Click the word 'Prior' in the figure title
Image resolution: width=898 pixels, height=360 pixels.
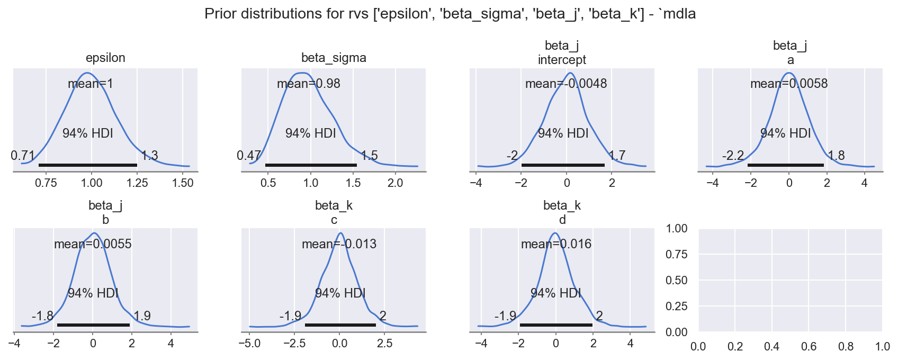click(x=220, y=14)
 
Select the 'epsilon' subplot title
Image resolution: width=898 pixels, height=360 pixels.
click(x=105, y=58)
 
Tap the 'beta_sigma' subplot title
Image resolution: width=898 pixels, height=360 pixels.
click(x=334, y=58)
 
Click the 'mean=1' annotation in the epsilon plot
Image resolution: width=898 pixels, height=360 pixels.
click(x=91, y=84)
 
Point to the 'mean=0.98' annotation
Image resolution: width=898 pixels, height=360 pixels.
click(x=309, y=84)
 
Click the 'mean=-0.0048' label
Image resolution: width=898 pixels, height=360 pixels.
click(x=566, y=84)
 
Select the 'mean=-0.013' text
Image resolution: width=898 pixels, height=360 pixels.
click(x=339, y=244)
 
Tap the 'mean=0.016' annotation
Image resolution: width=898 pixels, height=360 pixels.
click(x=556, y=244)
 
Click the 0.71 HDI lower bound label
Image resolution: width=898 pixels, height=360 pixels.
click(x=23, y=156)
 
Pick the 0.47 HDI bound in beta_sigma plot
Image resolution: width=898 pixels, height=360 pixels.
click(x=249, y=156)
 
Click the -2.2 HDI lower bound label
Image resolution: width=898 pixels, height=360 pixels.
click(x=733, y=156)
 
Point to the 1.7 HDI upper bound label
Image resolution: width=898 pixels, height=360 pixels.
click(x=617, y=156)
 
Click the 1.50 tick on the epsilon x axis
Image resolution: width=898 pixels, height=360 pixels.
click(x=183, y=183)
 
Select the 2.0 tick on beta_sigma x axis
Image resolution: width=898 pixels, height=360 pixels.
click(x=396, y=183)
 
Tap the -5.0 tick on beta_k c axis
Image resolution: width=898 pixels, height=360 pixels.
click(x=249, y=344)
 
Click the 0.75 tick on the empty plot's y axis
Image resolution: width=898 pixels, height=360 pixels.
click(x=677, y=254)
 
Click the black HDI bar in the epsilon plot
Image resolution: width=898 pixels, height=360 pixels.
click(x=88, y=165)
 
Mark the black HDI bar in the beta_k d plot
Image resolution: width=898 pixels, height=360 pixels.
click(x=556, y=325)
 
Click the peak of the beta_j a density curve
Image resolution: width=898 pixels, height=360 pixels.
click(x=789, y=73)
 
